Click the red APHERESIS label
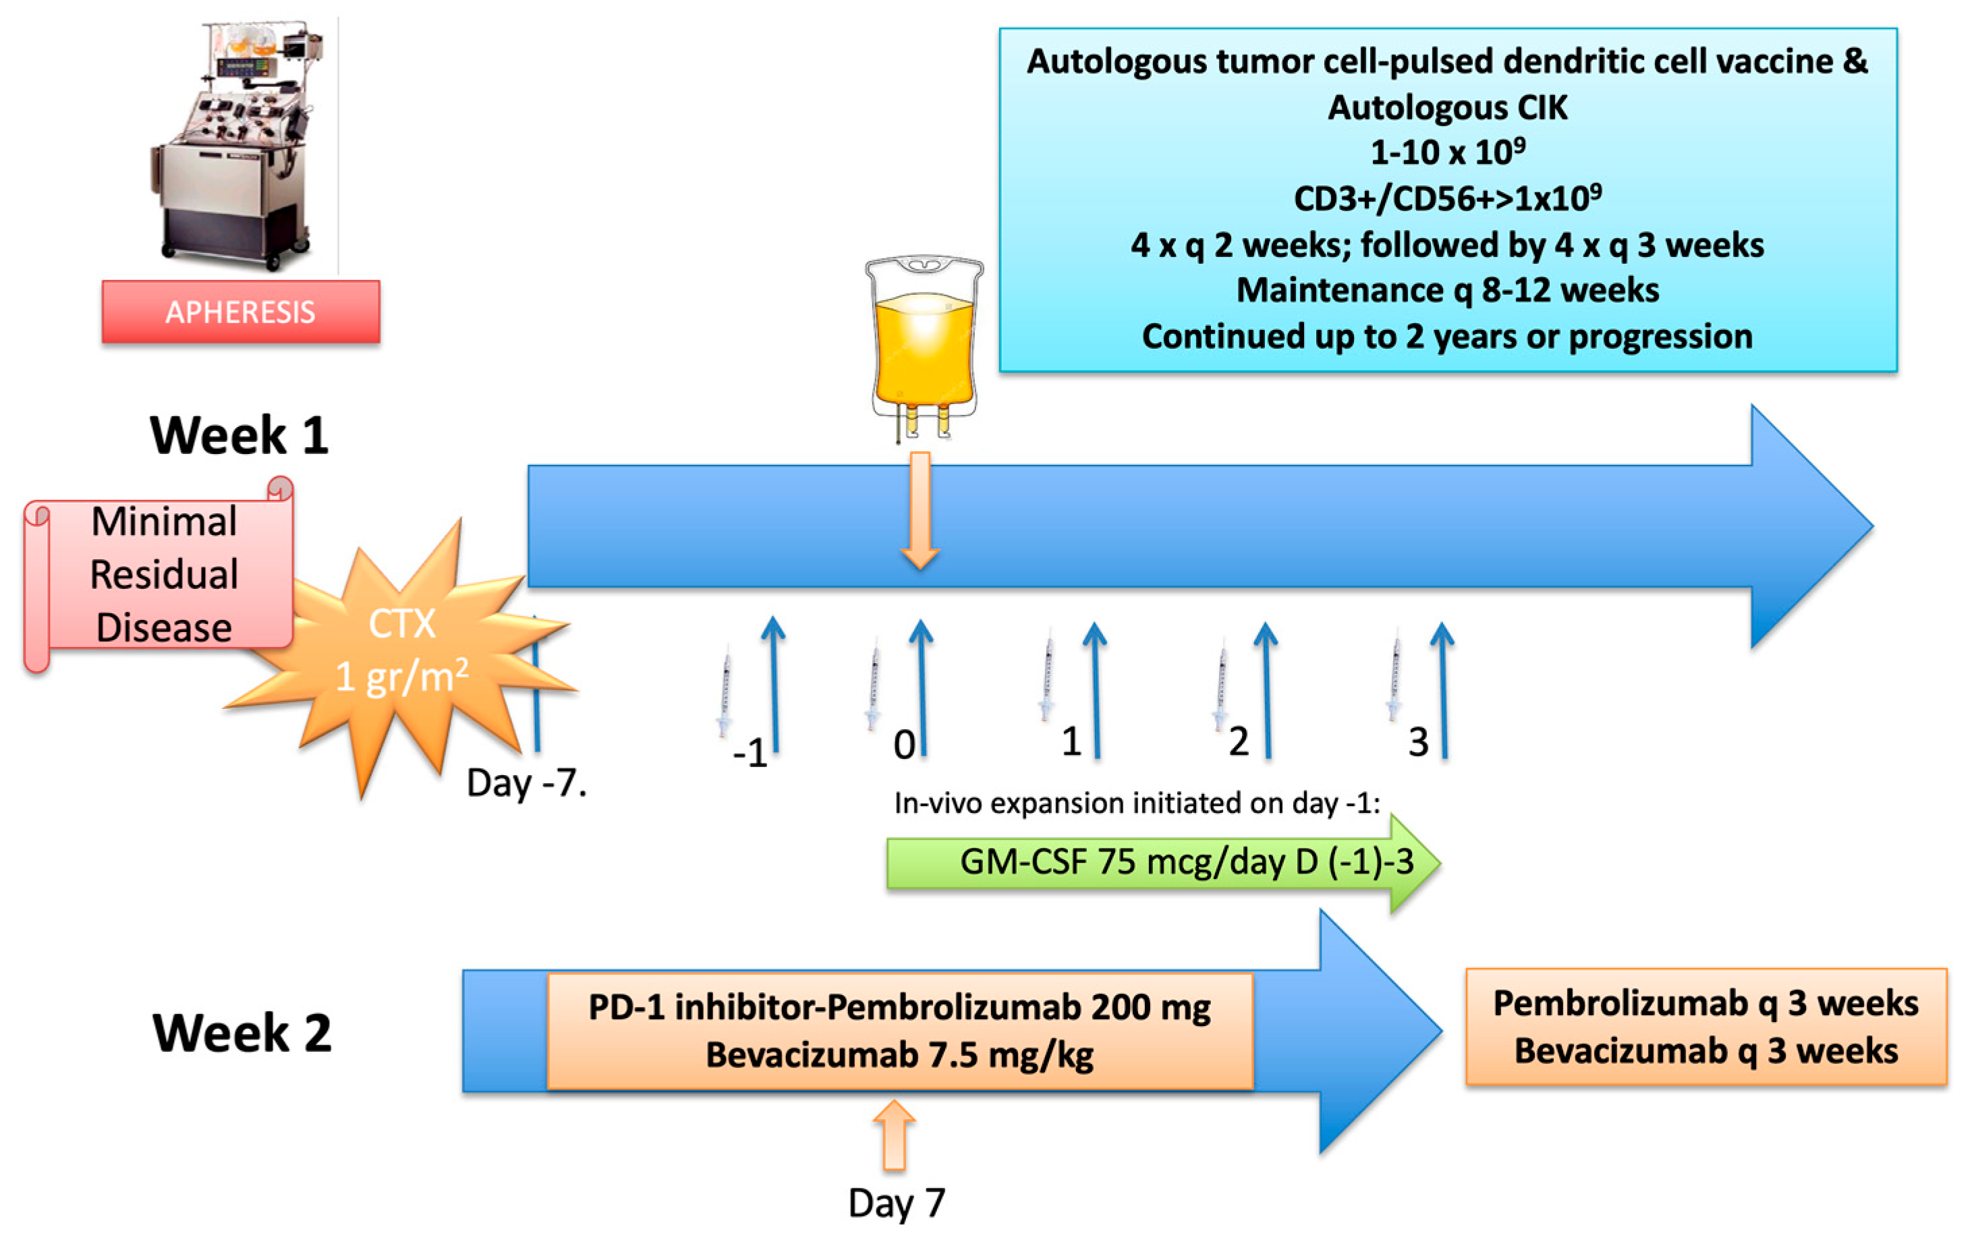tap(241, 312)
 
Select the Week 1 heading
tap(239, 435)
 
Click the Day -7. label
tap(526, 783)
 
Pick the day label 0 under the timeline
tap(903, 745)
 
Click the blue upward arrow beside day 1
tap(1095, 690)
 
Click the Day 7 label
tap(896, 1203)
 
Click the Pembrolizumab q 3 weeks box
tap(1705, 1027)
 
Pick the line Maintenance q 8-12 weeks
tap(1447, 291)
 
